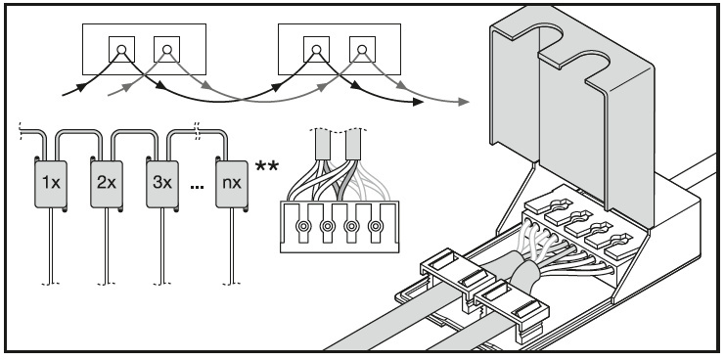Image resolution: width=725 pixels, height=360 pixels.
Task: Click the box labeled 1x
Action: pos(51,184)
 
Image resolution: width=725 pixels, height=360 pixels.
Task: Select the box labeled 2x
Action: pos(107,184)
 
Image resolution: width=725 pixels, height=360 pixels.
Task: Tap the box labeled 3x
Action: pos(162,184)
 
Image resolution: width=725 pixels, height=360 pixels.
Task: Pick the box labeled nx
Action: pos(232,184)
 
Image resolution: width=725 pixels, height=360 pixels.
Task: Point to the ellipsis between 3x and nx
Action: pos(197,187)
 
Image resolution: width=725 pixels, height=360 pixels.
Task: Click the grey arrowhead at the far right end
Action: pos(464,102)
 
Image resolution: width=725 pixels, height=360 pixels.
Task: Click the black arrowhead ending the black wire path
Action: pos(418,102)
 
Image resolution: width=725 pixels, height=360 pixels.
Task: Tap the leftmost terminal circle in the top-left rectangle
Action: pos(121,49)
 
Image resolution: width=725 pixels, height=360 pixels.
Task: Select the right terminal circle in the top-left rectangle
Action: pos(167,49)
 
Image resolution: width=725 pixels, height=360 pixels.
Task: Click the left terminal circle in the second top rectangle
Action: pos(316,49)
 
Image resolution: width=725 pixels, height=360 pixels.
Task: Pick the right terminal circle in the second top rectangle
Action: pos(362,49)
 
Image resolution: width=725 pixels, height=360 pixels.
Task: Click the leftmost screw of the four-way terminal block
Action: pos(303,226)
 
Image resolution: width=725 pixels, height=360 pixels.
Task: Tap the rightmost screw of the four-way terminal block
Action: pos(376,226)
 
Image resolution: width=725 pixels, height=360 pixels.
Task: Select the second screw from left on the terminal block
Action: pos(328,226)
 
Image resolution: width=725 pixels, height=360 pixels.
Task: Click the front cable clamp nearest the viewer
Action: pos(511,310)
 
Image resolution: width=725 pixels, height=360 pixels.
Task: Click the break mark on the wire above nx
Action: pos(198,131)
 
